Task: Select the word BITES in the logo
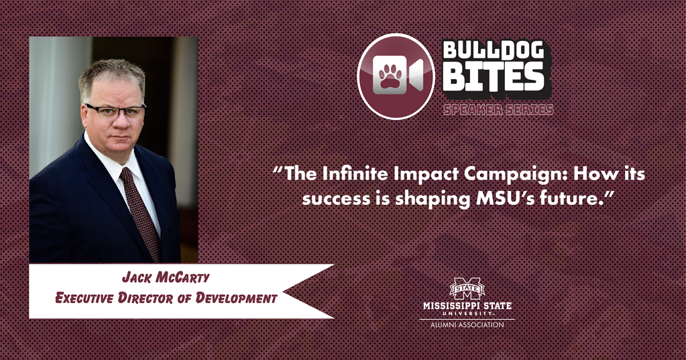click(x=494, y=77)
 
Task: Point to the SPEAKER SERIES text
click(x=498, y=109)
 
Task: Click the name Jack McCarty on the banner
click(x=166, y=278)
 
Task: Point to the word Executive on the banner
click(x=84, y=298)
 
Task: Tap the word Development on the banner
click(x=236, y=298)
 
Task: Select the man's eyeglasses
click(x=115, y=111)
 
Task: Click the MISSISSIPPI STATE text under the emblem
click(x=467, y=305)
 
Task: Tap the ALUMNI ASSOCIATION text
click(x=467, y=325)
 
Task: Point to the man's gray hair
click(x=112, y=74)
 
